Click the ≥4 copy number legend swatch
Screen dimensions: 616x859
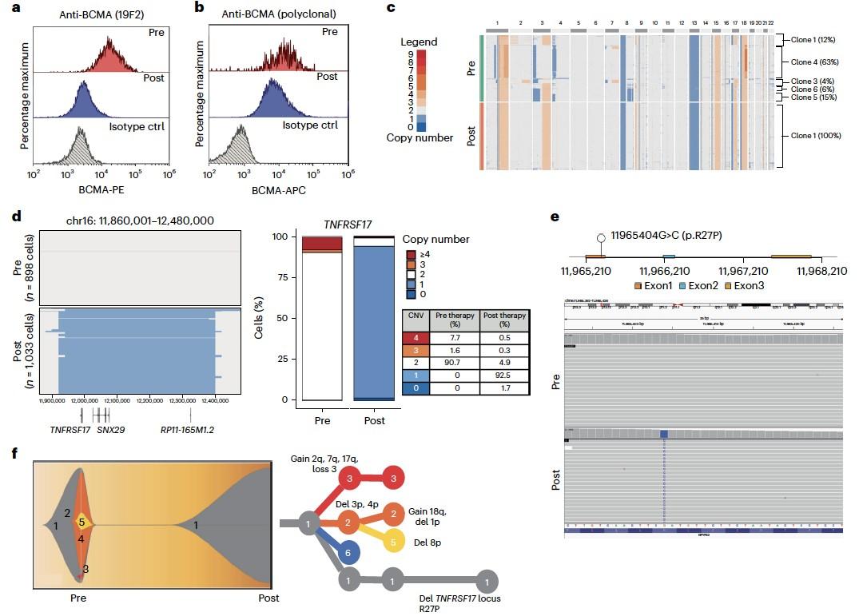pyautogui.click(x=411, y=254)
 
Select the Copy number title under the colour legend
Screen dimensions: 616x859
pyautogui.click(x=420, y=137)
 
